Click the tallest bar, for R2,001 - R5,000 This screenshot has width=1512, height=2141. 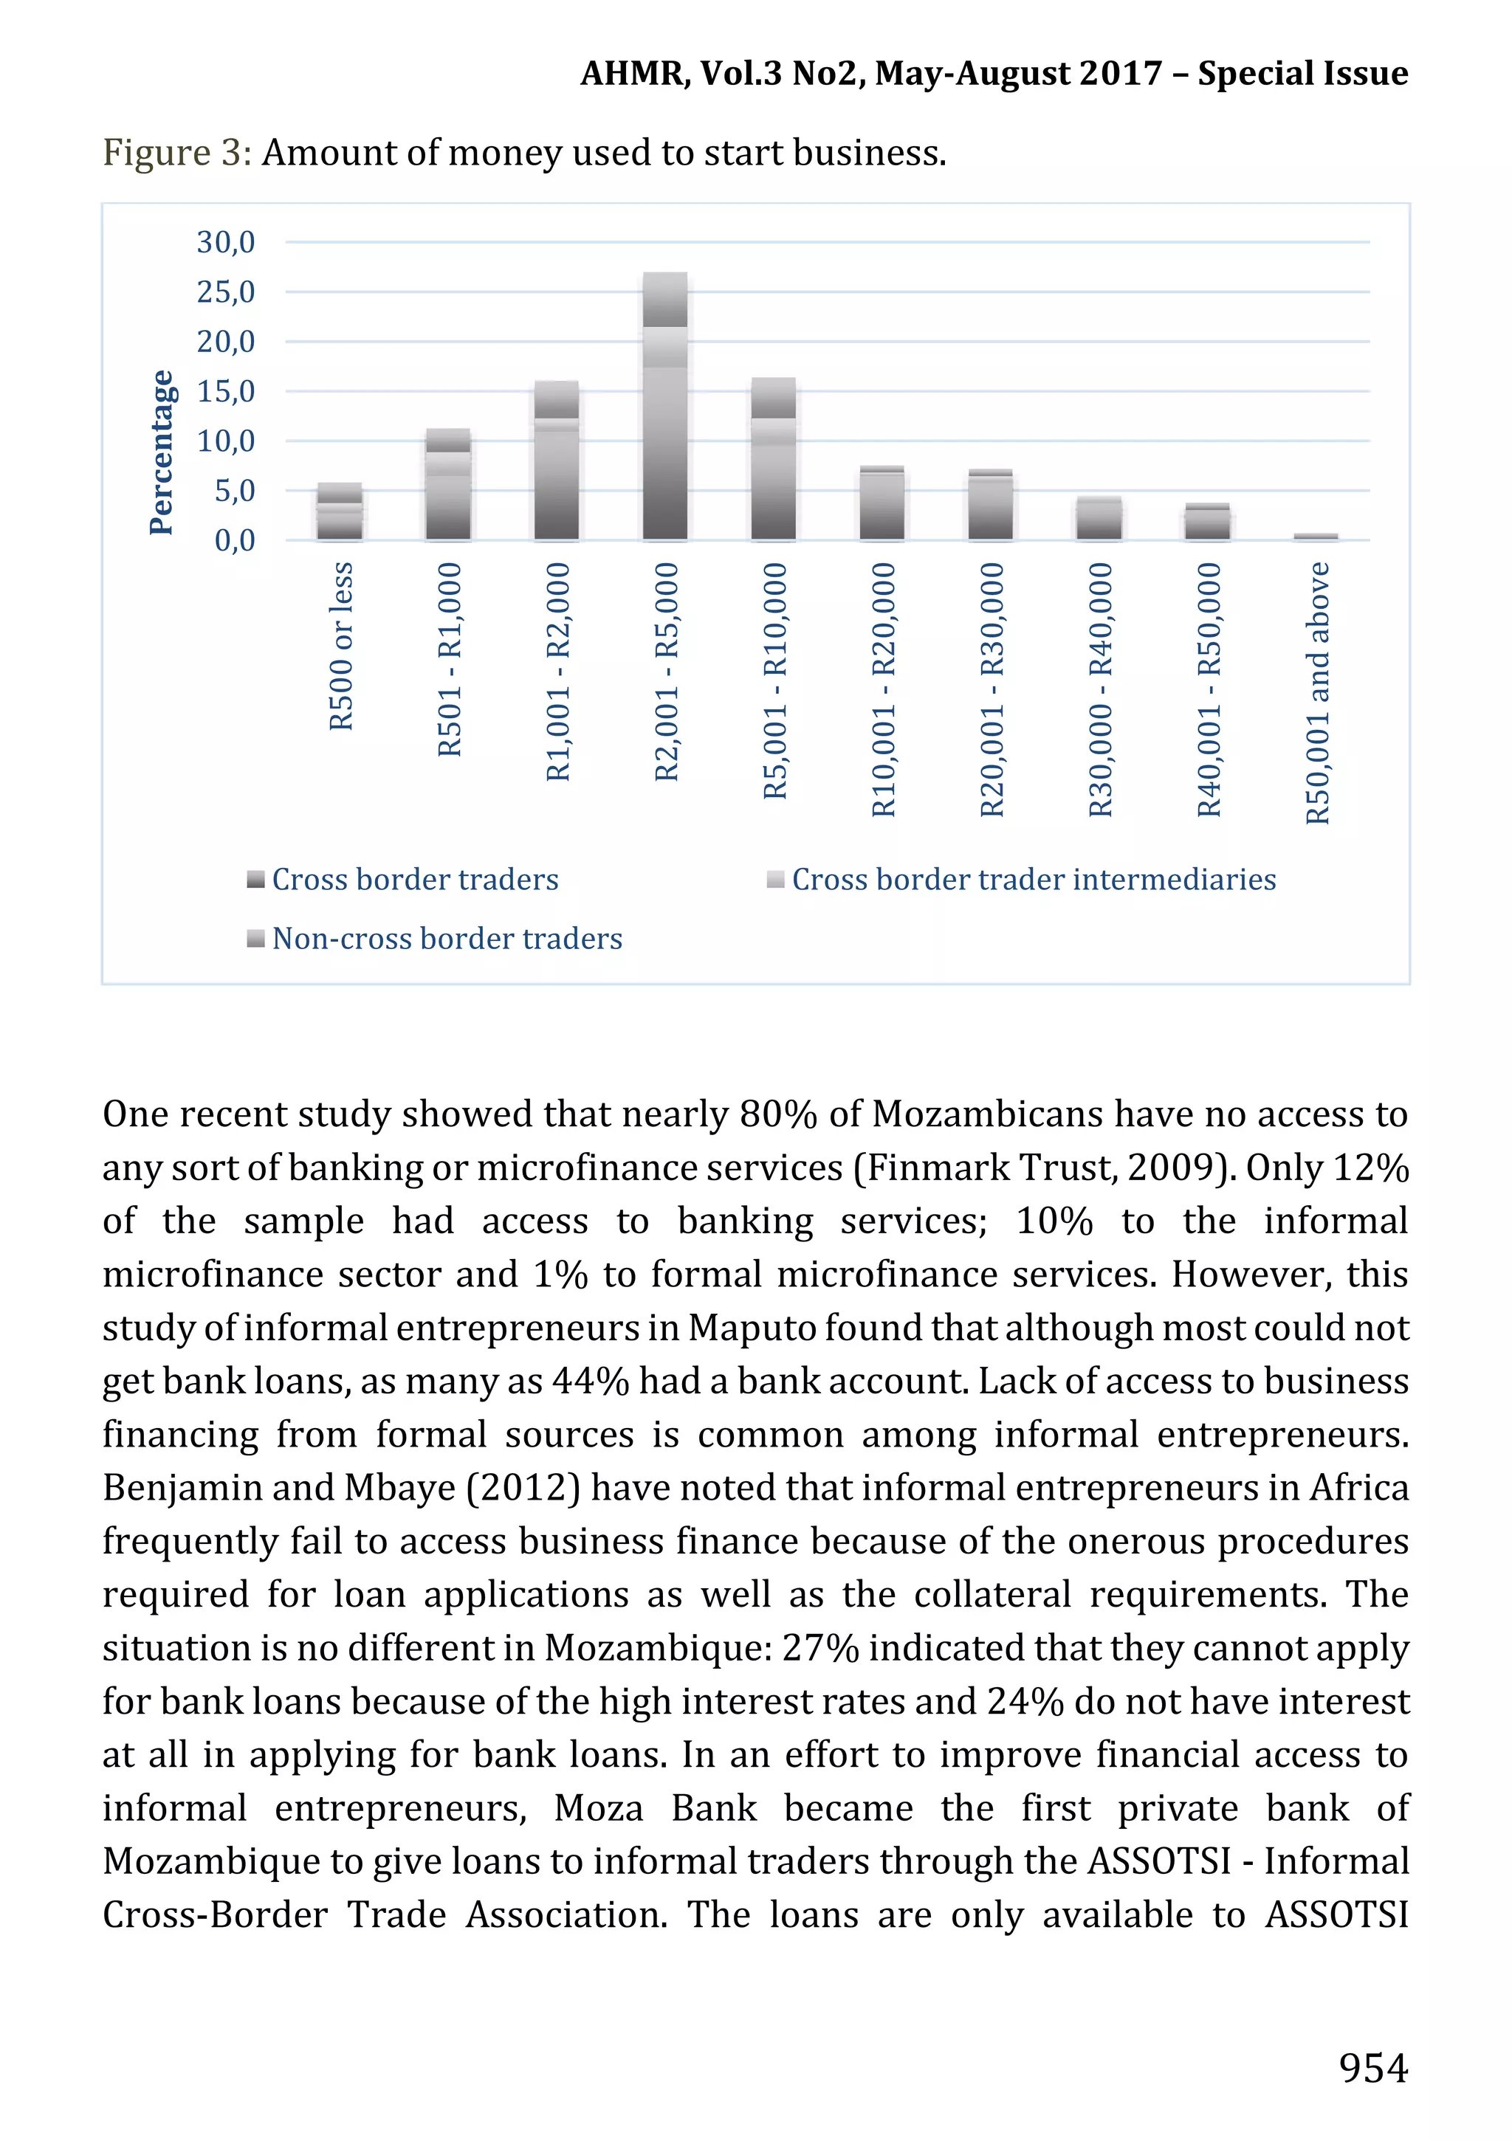(x=665, y=406)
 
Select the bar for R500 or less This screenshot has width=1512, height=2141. (x=340, y=512)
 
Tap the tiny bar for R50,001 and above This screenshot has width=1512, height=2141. (x=1315, y=537)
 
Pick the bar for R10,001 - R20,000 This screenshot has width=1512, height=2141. (x=882, y=503)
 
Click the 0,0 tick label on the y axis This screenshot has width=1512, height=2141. (x=234, y=540)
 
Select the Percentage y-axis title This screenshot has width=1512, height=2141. (x=162, y=452)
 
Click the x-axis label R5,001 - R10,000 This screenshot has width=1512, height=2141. (x=775, y=680)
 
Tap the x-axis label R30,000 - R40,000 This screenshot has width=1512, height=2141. (x=1101, y=689)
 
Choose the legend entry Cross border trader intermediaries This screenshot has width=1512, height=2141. (x=1033, y=879)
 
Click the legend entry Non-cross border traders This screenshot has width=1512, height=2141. (x=446, y=938)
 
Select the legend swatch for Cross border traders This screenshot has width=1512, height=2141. (x=255, y=879)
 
